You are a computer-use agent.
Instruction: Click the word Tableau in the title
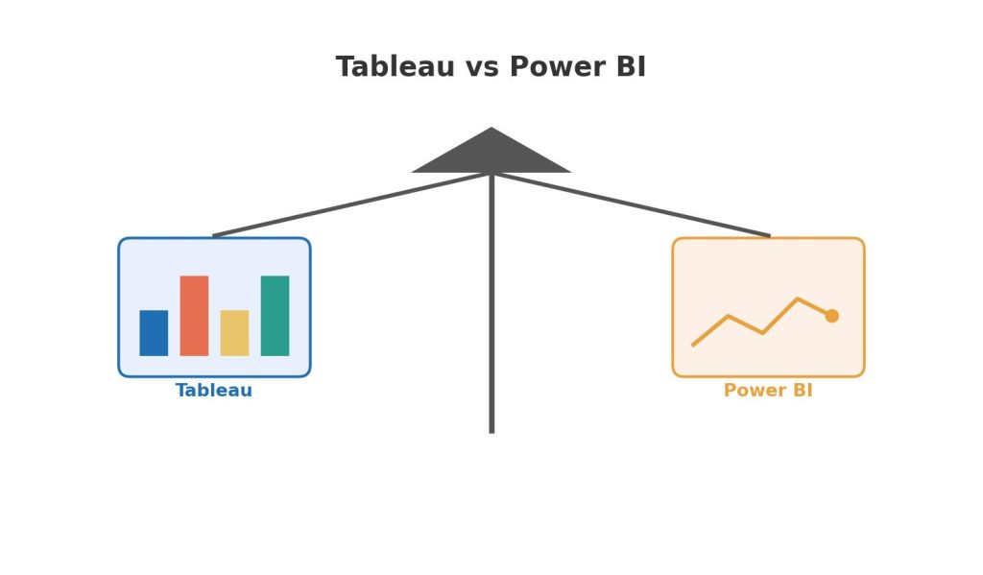(x=395, y=66)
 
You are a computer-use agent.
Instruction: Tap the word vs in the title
(x=482, y=68)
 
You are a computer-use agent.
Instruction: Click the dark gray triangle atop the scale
(x=491, y=155)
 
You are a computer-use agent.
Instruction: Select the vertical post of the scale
(x=491, y=303)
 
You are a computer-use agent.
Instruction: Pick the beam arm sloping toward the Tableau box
(x=351, y=204)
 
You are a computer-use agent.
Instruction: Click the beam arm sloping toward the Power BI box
(x=632, y=204)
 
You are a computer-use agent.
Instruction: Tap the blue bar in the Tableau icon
(x=154, y=333)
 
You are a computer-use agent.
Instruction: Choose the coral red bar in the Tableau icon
(x=194, y=316)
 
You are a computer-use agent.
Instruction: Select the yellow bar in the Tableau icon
(x=234, y=333)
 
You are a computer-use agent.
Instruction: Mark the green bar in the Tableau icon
(x=275, y=316)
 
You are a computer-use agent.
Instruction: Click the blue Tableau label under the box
(x=214, y=390)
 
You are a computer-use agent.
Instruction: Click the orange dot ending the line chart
(x=832, y=316)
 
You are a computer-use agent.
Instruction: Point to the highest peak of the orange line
(x=798, y=299)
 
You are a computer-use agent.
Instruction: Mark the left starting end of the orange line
(x=693, y=345)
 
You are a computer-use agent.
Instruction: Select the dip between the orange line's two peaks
(x=762, y=333)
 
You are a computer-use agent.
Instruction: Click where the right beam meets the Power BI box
(x=770, y=237)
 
